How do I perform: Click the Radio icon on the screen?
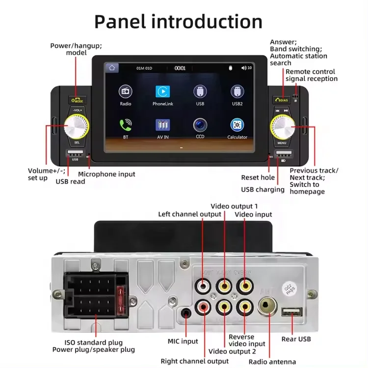pos(125,92)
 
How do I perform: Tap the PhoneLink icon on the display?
pos(163,92)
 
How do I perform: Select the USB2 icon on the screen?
pos(237,92)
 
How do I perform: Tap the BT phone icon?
pos(125,125)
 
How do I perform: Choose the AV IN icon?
pos(163,125)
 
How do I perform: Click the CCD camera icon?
pos(200,125)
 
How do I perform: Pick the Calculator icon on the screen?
pos(237,125)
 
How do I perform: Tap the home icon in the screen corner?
pos(112,68)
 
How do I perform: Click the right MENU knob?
pos(282,127)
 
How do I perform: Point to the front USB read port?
pos(75,154)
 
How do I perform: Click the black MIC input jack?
pos(186,313)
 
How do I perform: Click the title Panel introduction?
pos(178,22)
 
